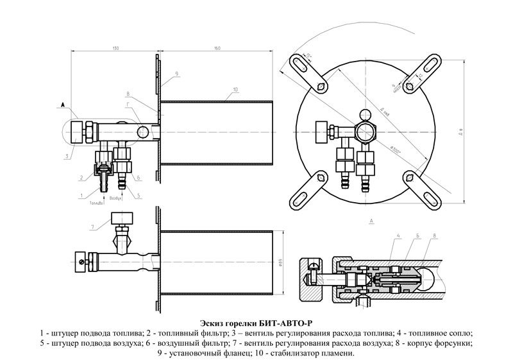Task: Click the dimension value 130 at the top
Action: click(x=115, y=49)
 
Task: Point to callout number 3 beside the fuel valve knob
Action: click(x=67, y=155)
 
